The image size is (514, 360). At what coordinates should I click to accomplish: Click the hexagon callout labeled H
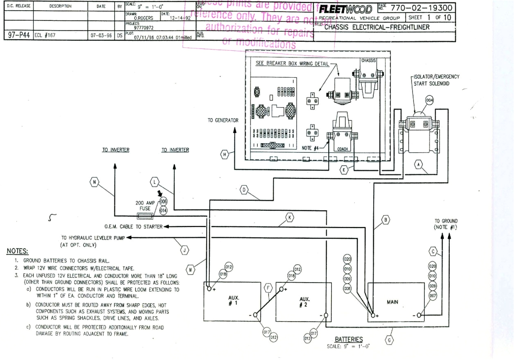(x=224, y=154)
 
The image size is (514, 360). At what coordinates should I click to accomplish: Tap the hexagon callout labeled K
(x=290, y=217)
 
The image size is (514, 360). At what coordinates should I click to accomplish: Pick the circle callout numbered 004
(x=429, y=100)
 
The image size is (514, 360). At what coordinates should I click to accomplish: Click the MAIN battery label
(x=392, y=302)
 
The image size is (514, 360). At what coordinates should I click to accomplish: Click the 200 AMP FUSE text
(x=145, y=205)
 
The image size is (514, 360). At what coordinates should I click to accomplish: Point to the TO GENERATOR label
(x=222, y=120)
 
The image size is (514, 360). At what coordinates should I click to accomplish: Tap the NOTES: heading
(x=18, y=251)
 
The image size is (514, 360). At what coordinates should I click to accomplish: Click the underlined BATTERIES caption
(x=349, y=339)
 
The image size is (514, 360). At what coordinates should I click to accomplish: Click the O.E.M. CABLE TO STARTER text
(x=134, y=227)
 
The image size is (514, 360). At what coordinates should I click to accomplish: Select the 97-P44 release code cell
(x=18, y=35)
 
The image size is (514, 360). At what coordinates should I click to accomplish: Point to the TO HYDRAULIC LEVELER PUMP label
(x=90, y=241)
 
